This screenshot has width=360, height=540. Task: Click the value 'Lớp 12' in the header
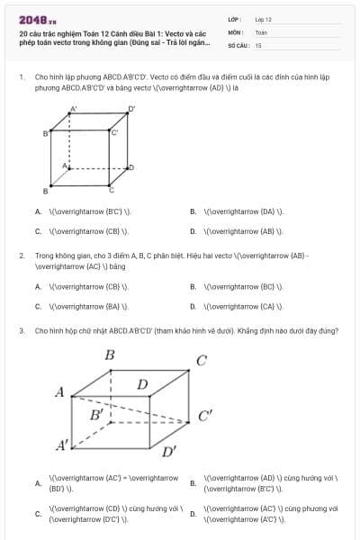[263, 19]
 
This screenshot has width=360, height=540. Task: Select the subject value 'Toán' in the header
[261, 31]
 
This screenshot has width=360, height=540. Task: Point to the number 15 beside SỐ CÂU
[258, 44]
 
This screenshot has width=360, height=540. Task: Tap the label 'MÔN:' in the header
[237, 31]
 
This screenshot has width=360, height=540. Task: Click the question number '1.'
[21, 77]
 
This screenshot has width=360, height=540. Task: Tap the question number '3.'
[21, 330]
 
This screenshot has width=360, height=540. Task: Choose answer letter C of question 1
[39, 231]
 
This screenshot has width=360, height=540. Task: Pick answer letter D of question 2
[193, 306]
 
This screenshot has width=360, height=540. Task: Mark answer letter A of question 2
[39, 287]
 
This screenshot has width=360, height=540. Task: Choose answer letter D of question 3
[193, 513]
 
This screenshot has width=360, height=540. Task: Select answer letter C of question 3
[39, 513]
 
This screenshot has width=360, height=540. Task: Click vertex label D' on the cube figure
[131, 109]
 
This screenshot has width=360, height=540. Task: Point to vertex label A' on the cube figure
[73, 110]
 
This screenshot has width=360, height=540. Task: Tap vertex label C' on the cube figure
[114, 132]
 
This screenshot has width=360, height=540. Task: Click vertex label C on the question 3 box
[201, 361]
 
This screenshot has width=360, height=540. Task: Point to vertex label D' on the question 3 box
[169, 450]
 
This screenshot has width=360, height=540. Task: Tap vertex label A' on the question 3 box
[63, 444]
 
